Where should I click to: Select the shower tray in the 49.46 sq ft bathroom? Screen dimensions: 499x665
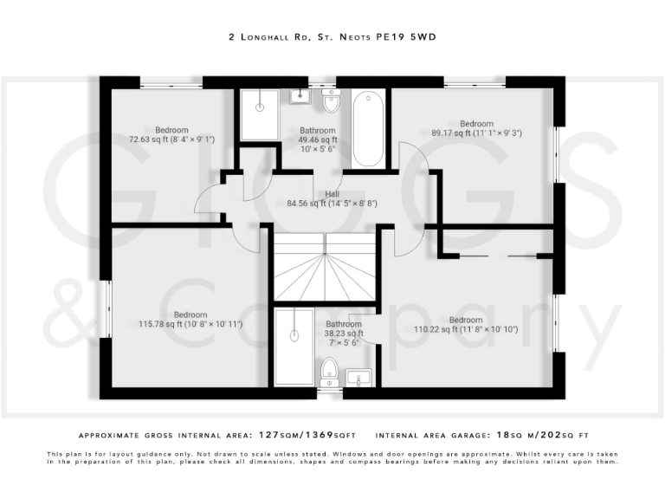[260, 113]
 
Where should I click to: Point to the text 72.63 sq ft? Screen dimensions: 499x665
[148, 139]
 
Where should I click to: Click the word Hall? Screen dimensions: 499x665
[332, 194]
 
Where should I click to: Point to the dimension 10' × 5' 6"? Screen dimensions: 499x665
[318, 148]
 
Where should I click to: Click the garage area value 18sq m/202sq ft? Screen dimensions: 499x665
[543, 435]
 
